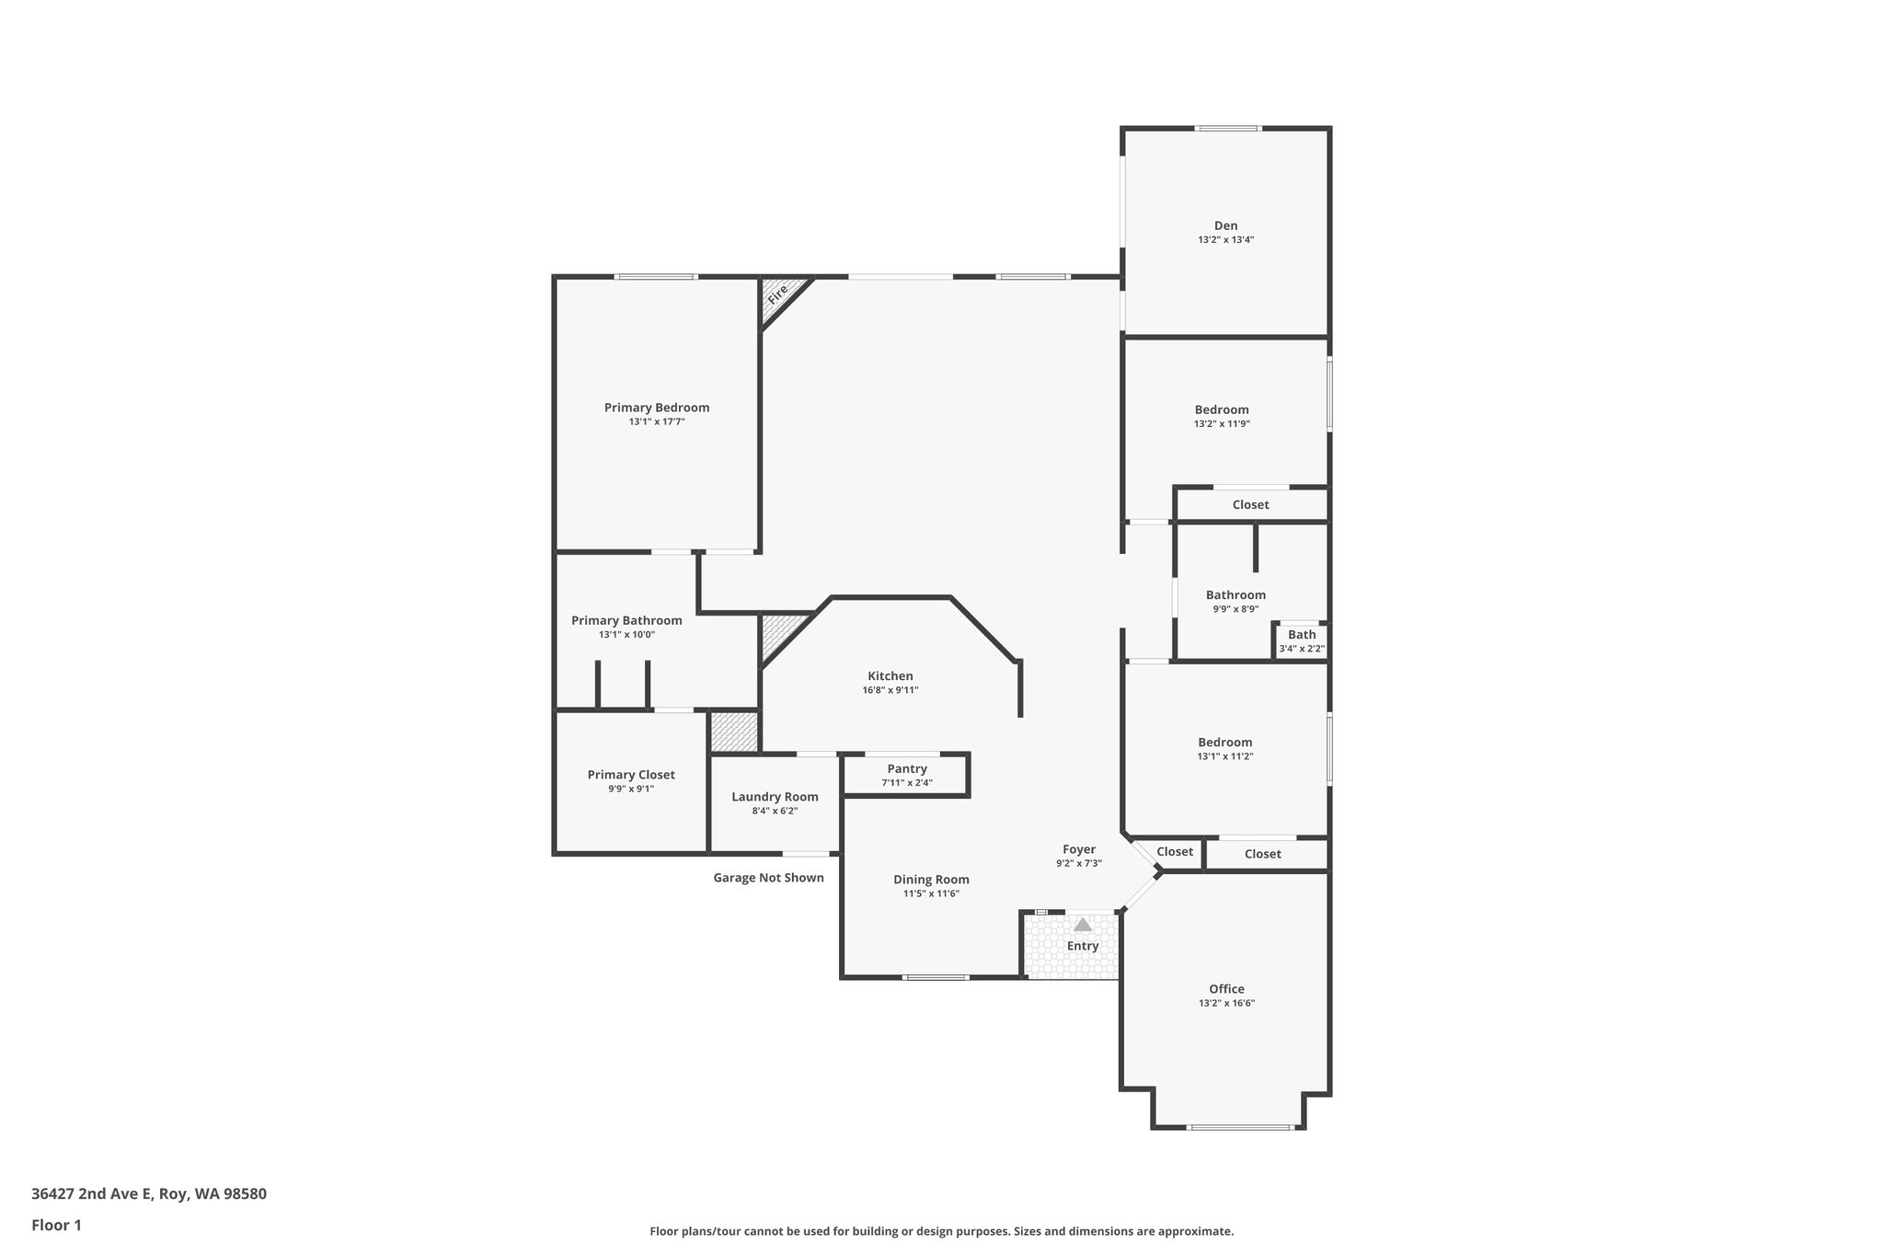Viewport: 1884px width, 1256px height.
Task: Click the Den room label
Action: pyautogui.click(x=1225, y=225)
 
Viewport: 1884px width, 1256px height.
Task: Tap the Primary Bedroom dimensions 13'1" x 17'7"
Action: pyautogui.click(x=657, y=422)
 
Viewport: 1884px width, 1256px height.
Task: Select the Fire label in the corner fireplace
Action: pyautogui.click(x=778, y=294)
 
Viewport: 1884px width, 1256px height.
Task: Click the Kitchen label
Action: pyautogui.click(x=890, y=676)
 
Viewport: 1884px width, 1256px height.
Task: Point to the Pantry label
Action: pyautogui.click(x=907, y=769)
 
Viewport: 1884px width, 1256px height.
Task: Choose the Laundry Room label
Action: pyautogui.click(x=775, y=797)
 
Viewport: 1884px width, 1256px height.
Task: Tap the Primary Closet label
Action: pyautogui.click(x=631, y=775)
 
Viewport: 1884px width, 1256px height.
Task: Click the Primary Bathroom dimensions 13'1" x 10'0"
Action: pyautogui.click(x=626, y=635)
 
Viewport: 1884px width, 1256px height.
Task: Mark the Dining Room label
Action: pyautogui.click(x=931, y=880)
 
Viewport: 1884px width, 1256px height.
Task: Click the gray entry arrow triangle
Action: pyautogui.click(x=1083, y=925)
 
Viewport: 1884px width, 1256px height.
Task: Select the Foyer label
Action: pyautogui.click(x=1079, y=850)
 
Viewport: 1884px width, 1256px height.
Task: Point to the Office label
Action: pyautogui.click(x=1226, y=989)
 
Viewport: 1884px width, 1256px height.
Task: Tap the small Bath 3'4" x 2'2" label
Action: pyautogui.click(x=1302, y=635)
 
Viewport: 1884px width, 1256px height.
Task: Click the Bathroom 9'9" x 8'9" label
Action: pyautogui.click(x=1235, y=595)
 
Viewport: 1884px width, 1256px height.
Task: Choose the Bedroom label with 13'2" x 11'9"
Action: pyautogui.click(x=1222, y=410)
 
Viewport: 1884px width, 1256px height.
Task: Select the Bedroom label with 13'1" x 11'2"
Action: pyautogui.click(x=1224, y=743)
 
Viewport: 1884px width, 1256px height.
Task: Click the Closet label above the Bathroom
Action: pyautogui.click(x=1250, y=505)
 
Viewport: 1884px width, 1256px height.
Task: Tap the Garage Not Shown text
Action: pyautogui.click(x=768, y=878)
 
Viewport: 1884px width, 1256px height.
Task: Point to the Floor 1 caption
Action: pyautogui.click(x=56, y=1226)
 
